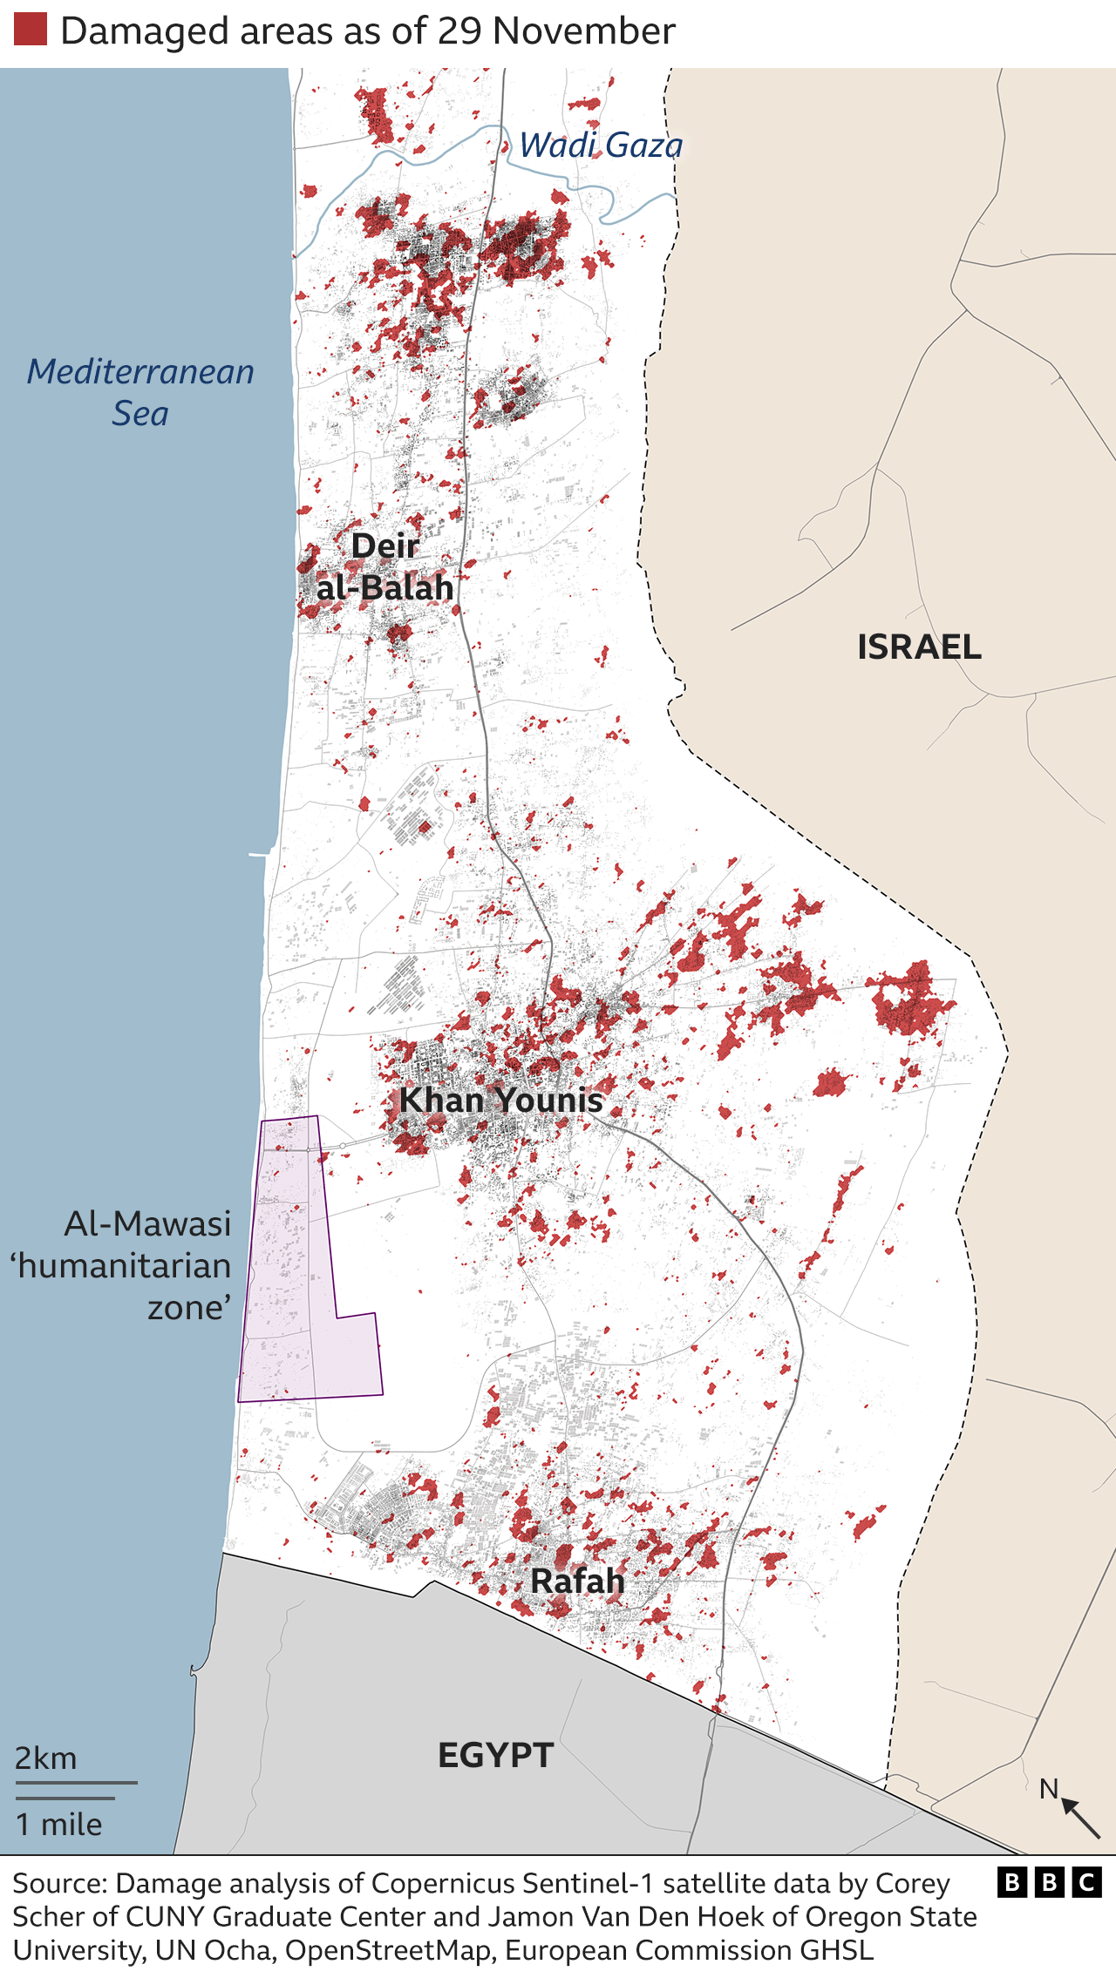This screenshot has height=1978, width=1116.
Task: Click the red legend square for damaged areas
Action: point(31,30)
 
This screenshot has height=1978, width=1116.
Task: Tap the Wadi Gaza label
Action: point(601,146)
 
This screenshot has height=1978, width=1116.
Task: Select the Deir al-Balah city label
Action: point(384,567)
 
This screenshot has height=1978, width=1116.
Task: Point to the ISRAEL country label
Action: point(919,647)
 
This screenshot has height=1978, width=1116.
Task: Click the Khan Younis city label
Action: point(500,1100)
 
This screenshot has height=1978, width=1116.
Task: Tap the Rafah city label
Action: point(577,1581)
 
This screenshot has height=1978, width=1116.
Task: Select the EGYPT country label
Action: point(495,1755)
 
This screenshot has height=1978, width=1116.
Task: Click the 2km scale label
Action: point(45,1758)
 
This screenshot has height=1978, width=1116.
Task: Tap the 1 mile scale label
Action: point(59,1825)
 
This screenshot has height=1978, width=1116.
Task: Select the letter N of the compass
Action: point(1049,1789)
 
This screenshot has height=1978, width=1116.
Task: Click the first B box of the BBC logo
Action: point(1012,1883)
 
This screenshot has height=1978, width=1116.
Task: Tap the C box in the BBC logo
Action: point(1087,1883)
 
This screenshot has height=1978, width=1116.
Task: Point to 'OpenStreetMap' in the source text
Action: point(388,1950)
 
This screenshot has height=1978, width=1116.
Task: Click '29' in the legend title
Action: point(459,30)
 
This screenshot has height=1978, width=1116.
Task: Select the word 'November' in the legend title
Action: point(583,30)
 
